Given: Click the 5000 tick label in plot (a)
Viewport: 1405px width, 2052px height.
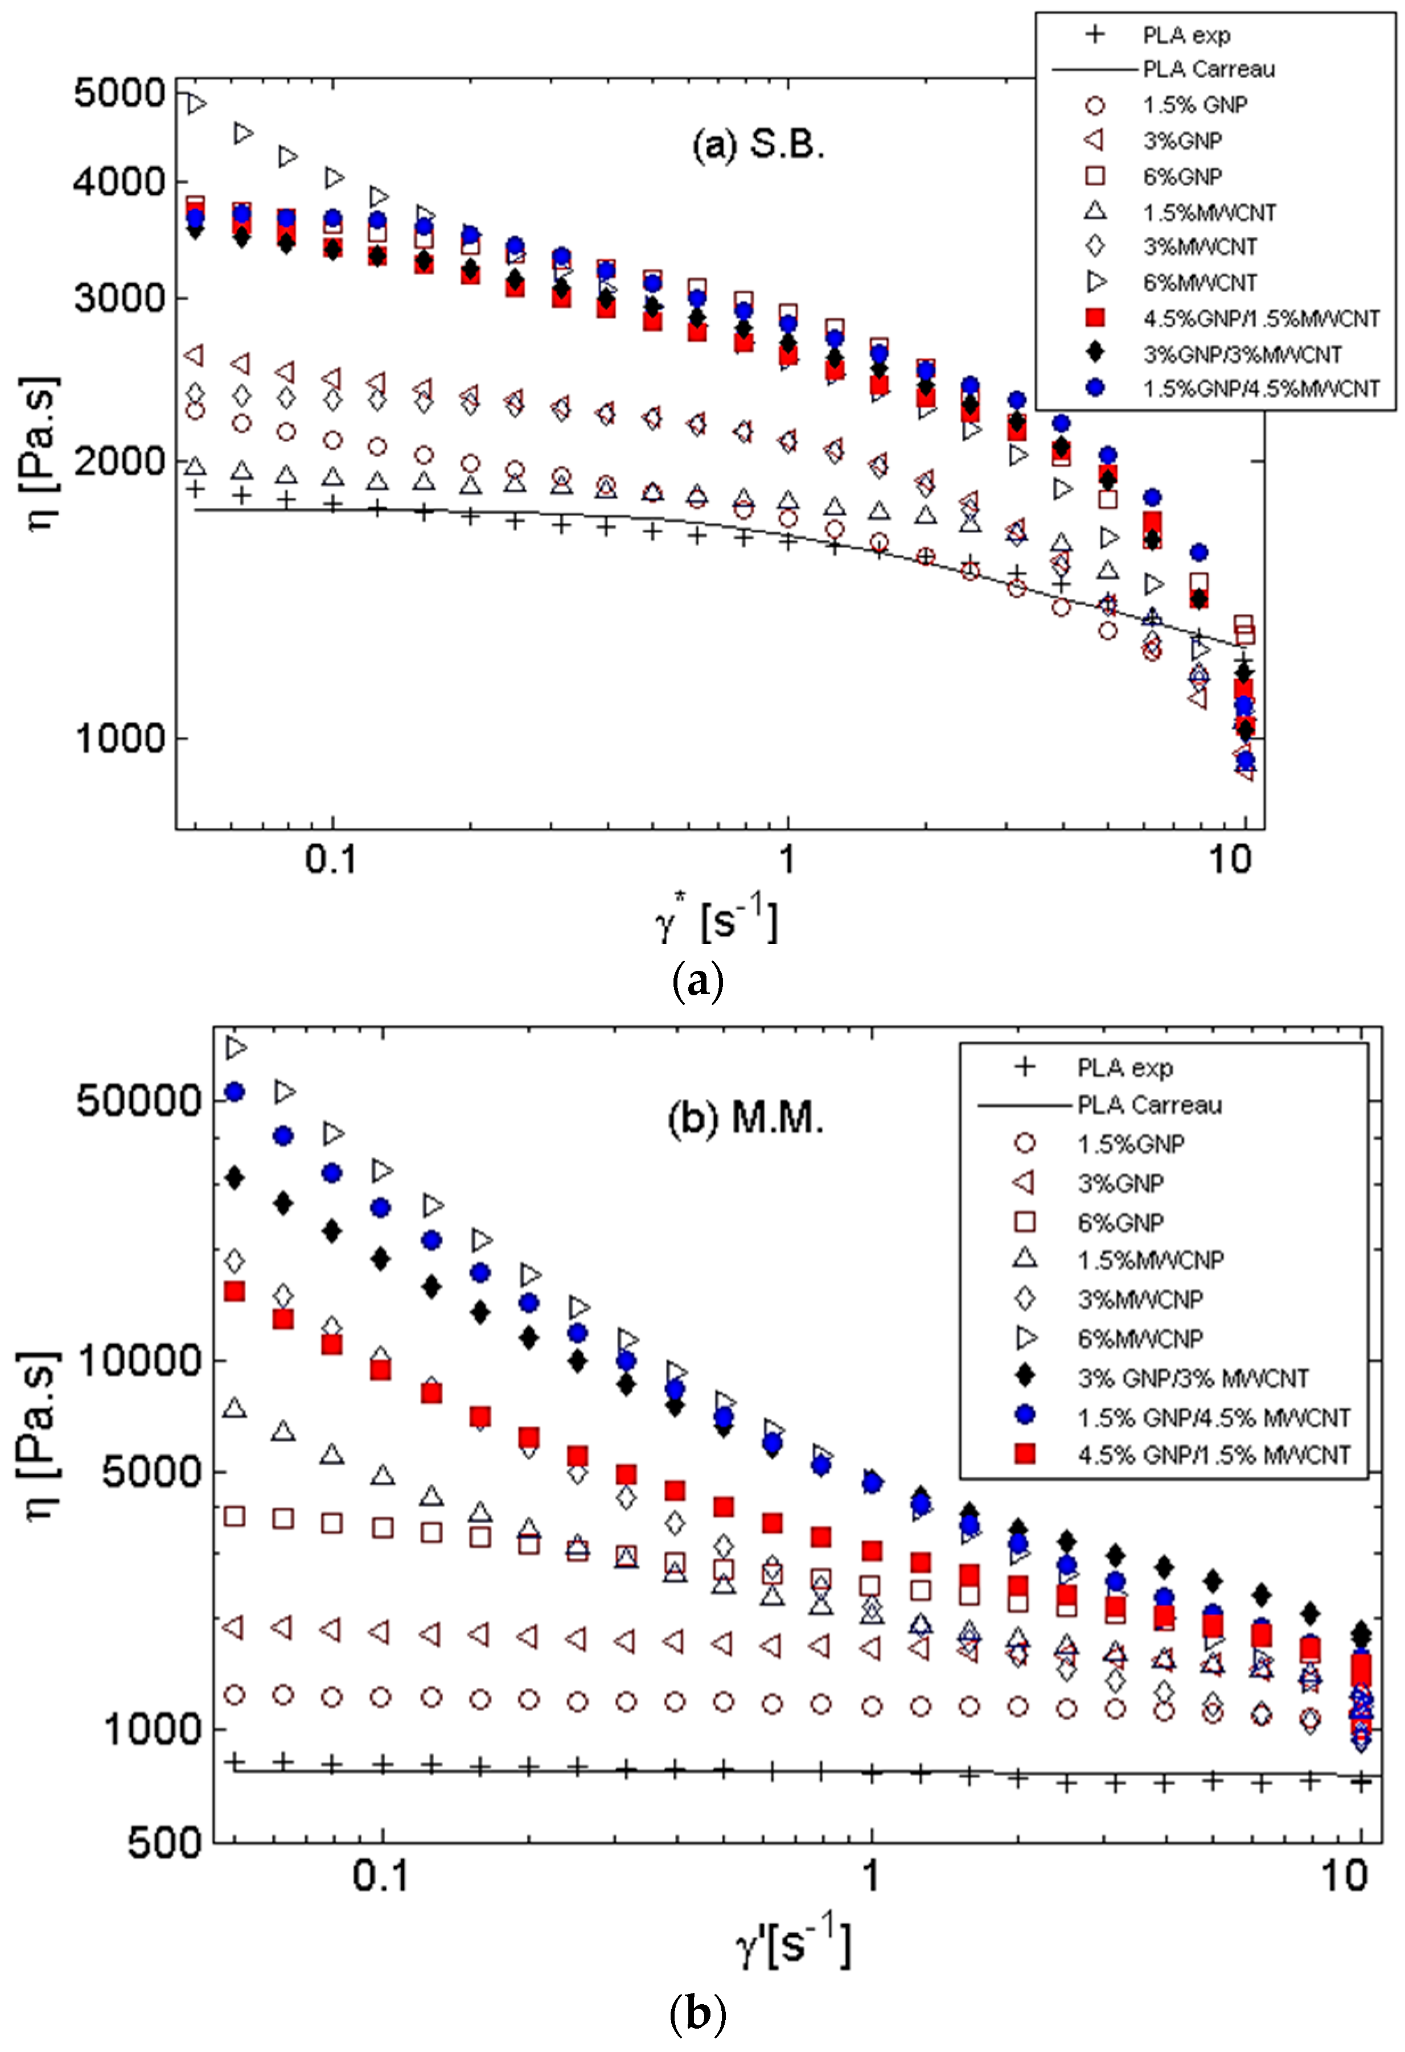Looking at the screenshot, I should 118,93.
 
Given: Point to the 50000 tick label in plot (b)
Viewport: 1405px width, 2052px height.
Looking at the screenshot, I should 139,1100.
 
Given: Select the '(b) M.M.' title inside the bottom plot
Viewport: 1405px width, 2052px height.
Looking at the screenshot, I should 745,1119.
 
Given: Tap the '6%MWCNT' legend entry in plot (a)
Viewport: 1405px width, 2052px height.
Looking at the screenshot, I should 1199,283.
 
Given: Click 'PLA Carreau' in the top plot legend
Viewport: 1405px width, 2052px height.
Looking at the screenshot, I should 1208,69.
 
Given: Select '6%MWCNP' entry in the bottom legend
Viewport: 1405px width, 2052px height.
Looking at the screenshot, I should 1139,1338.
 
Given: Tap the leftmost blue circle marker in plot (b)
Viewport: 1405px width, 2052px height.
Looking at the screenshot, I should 234,1092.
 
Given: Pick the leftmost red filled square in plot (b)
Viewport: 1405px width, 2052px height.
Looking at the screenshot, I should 234,1291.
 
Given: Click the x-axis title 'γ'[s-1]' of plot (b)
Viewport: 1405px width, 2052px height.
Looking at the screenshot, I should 792,1946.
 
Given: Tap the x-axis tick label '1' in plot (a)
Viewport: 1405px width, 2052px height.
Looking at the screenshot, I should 786,858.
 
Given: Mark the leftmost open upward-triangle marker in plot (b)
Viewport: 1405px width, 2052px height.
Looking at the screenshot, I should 234,1407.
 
